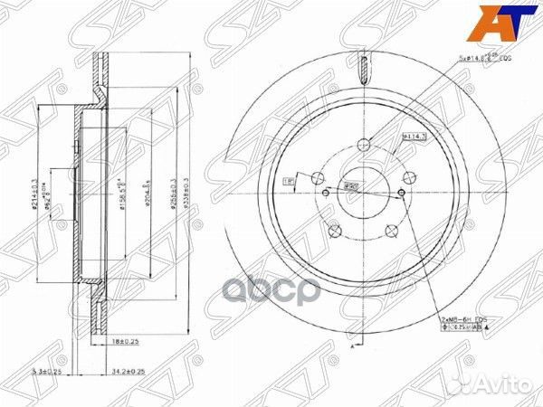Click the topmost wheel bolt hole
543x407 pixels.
(365, 143)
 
